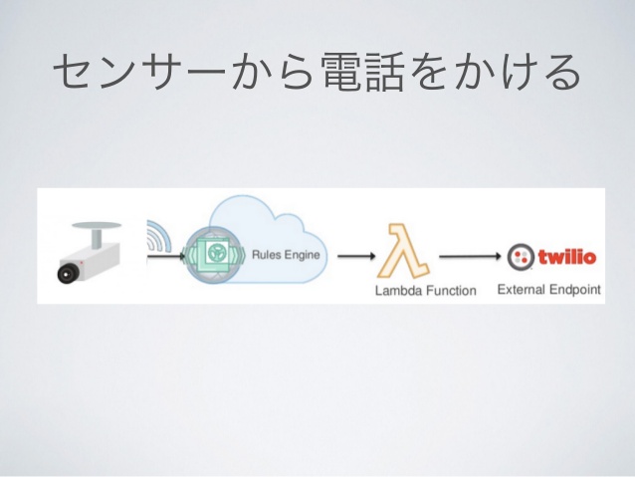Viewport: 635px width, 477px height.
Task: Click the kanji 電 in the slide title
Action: point(341,72)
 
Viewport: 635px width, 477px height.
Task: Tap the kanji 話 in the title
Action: point(384,72)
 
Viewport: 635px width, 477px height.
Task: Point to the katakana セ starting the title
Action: point(74,72)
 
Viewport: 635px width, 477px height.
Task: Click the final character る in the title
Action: point(561,72)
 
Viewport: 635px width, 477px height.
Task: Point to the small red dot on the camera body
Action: point(82,263)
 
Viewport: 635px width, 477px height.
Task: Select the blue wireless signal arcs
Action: point(160,235)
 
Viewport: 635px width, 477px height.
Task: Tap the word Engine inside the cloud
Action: point(302,255)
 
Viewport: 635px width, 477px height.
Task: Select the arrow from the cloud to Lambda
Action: point(356,256)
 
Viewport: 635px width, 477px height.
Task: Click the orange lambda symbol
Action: point(402,250)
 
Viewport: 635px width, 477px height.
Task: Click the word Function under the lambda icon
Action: point(452,290)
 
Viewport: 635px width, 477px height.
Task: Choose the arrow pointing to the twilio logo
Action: point(470,256)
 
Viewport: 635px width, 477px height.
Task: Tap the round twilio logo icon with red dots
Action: point(521,257)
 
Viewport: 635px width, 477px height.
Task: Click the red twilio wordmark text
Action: point(567,257)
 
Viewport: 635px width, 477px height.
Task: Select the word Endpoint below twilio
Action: point(575,290)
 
